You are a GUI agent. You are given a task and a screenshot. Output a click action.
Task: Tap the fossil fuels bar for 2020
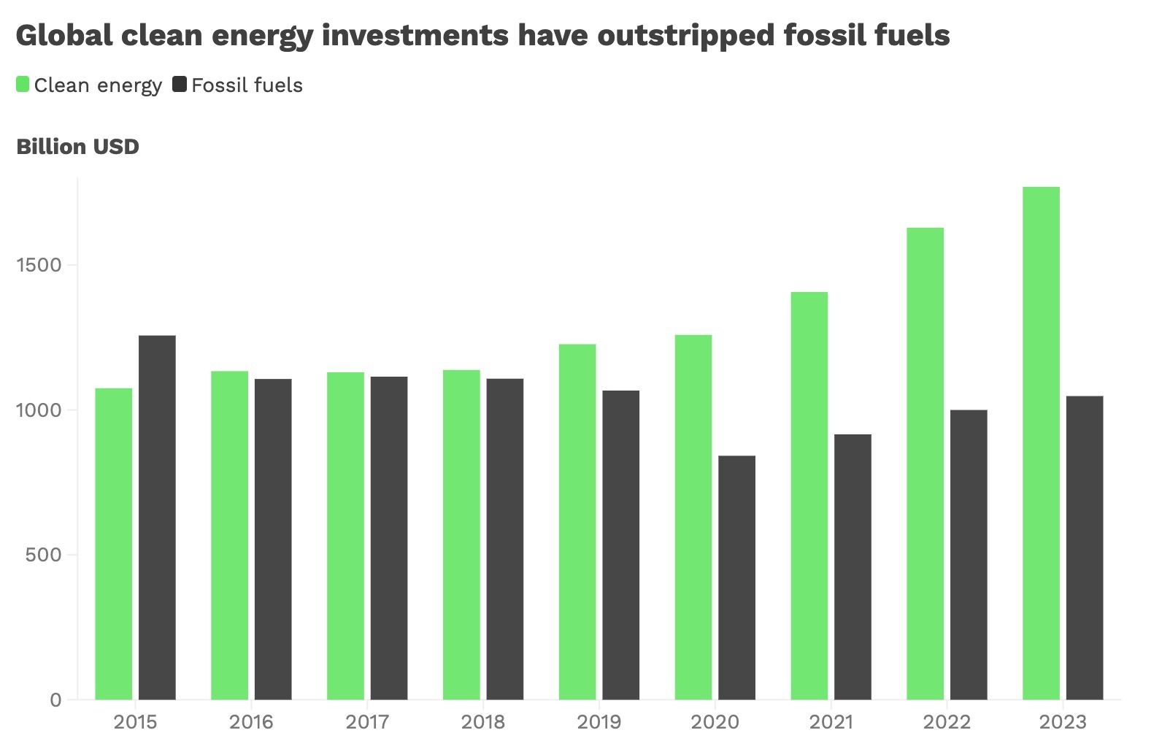736,577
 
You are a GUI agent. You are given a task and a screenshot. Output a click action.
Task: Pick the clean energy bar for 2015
114,543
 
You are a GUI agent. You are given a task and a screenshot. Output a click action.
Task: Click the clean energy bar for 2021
809,496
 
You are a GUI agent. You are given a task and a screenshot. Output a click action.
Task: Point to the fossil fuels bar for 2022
969,555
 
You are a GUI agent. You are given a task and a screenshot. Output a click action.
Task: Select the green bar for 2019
577,521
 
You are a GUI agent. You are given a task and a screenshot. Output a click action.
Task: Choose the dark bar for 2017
389,538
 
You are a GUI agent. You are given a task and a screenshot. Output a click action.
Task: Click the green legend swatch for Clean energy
23,85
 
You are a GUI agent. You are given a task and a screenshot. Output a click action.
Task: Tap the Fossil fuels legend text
247,85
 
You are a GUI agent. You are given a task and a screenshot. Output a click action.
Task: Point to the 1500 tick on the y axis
39,265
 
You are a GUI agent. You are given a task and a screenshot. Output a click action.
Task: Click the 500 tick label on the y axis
43,555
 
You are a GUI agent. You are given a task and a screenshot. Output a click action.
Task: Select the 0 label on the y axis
55,700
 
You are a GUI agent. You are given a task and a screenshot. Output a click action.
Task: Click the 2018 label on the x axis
483,722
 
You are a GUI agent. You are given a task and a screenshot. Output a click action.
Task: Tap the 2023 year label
1063,722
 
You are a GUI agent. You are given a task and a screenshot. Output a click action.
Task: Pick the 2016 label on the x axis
251,722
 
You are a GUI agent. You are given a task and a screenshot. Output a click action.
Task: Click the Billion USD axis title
77,147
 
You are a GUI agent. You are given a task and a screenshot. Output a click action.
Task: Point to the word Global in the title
64,34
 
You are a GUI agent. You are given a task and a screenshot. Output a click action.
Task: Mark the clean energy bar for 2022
925,464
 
